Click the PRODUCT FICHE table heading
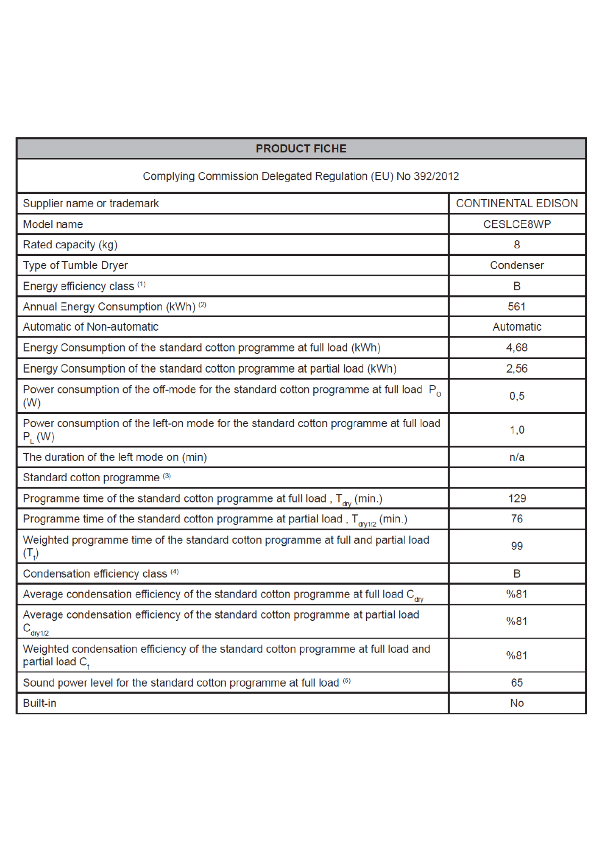click(x=301, y=148)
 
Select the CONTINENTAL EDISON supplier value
click(x=517, y=203)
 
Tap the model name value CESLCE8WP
click(x=517, y=224)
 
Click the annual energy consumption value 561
click(x=517, y=307)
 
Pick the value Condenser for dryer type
click(x=517, y=265)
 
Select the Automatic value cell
click(x=517, y=327)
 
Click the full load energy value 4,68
click(x=517, y=348)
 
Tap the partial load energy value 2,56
click(x=517, y=369)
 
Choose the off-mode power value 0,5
click(x=517, y=396)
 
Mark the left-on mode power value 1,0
click(x=517, y=430)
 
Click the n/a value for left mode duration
click(x=517, y=457)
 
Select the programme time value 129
click(x=517, y=498)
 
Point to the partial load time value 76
click(x=517, y=519)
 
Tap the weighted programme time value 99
click(x=517, y=546)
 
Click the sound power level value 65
click(x=517, y=683)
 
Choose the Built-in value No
click(x=517, y=703)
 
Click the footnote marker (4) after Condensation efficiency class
click(x=175, y=572)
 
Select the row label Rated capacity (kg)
click(x=70, y=245)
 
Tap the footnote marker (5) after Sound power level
click(x=346, y=681)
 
